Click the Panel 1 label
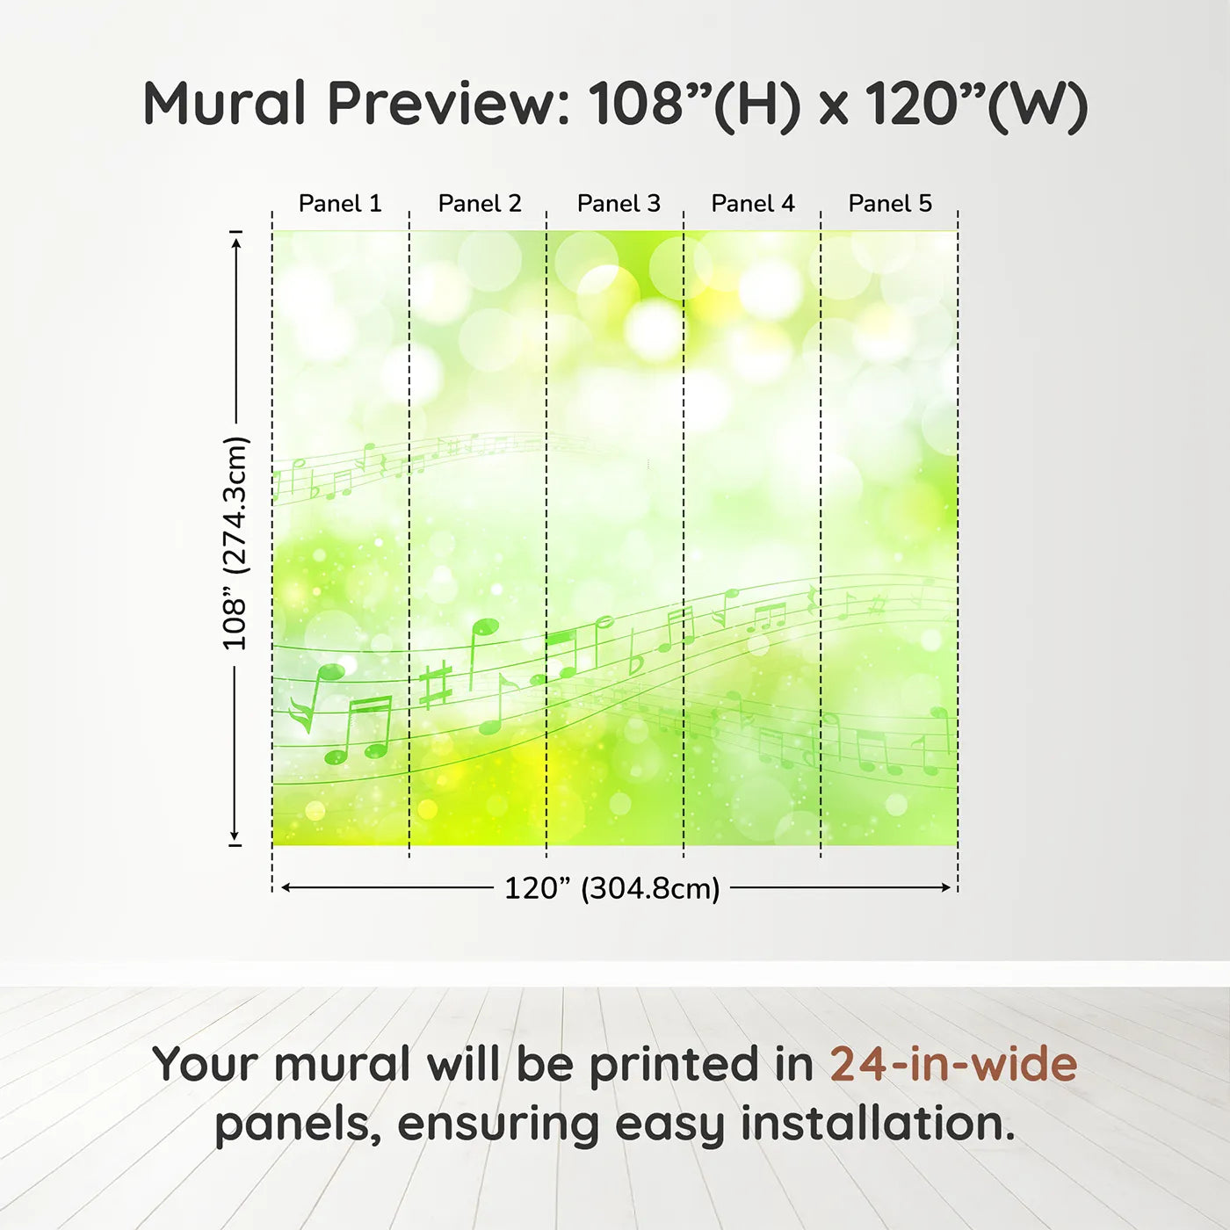click(x=340, y=204)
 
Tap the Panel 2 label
click(x=480, y=204)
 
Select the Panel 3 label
click(x=619, y=204)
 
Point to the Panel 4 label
click(x=753, y=204)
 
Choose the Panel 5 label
click(x=890, y=204)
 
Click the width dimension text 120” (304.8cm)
click(x=612, y=888)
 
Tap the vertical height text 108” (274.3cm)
click(x=235, y=543)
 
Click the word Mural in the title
click(x=225, y=104)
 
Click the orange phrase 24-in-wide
click(x=953, y=1064)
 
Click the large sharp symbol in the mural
click(x=436, y=686)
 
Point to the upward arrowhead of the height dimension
click(x=236, y=243)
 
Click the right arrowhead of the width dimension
click(x=946, y=887)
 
